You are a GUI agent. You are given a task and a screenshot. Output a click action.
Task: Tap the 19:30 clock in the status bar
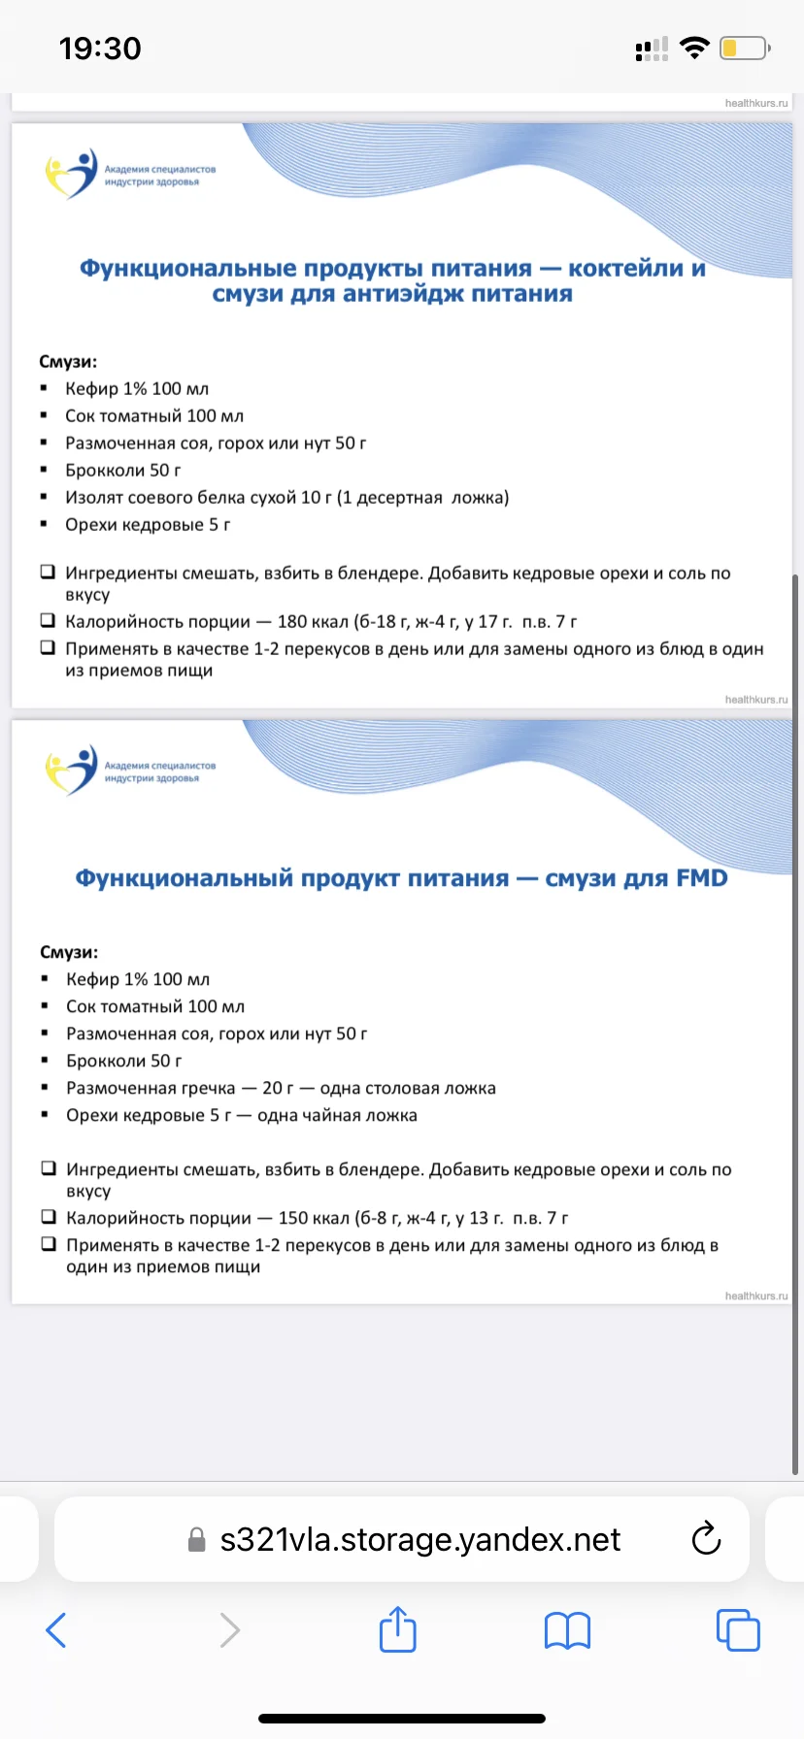[x=100, y=49]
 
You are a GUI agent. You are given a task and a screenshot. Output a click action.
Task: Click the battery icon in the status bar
[x=745, y=48]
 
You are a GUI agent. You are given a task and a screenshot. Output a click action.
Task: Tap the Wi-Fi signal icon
[x=694, y=48]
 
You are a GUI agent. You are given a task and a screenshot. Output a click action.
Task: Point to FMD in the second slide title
[x=701, y=878]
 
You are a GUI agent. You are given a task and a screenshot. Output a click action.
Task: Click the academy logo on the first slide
[x=73, y=174]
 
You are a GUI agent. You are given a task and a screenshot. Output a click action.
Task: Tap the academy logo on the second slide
[x=73, y=771]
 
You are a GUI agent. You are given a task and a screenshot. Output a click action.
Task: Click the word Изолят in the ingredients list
[x=94, y=498]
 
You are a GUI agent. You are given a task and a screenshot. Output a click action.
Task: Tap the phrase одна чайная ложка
[x=337, y=1116]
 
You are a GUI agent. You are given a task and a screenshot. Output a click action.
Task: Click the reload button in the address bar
[x=706, y=1539]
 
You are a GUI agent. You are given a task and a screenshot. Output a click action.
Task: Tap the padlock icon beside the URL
[x=196, y=1540]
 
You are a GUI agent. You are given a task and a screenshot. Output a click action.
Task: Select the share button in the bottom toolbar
[x=397, y=1629]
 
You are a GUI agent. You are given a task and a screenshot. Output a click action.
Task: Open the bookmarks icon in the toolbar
[x=567, y=1630]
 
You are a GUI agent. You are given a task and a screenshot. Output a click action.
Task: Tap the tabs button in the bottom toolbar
[x=738, y=1630]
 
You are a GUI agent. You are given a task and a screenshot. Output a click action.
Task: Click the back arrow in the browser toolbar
[x=56, y=1630]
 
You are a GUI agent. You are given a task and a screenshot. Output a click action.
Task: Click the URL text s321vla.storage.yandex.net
[x=419, y=1539]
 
